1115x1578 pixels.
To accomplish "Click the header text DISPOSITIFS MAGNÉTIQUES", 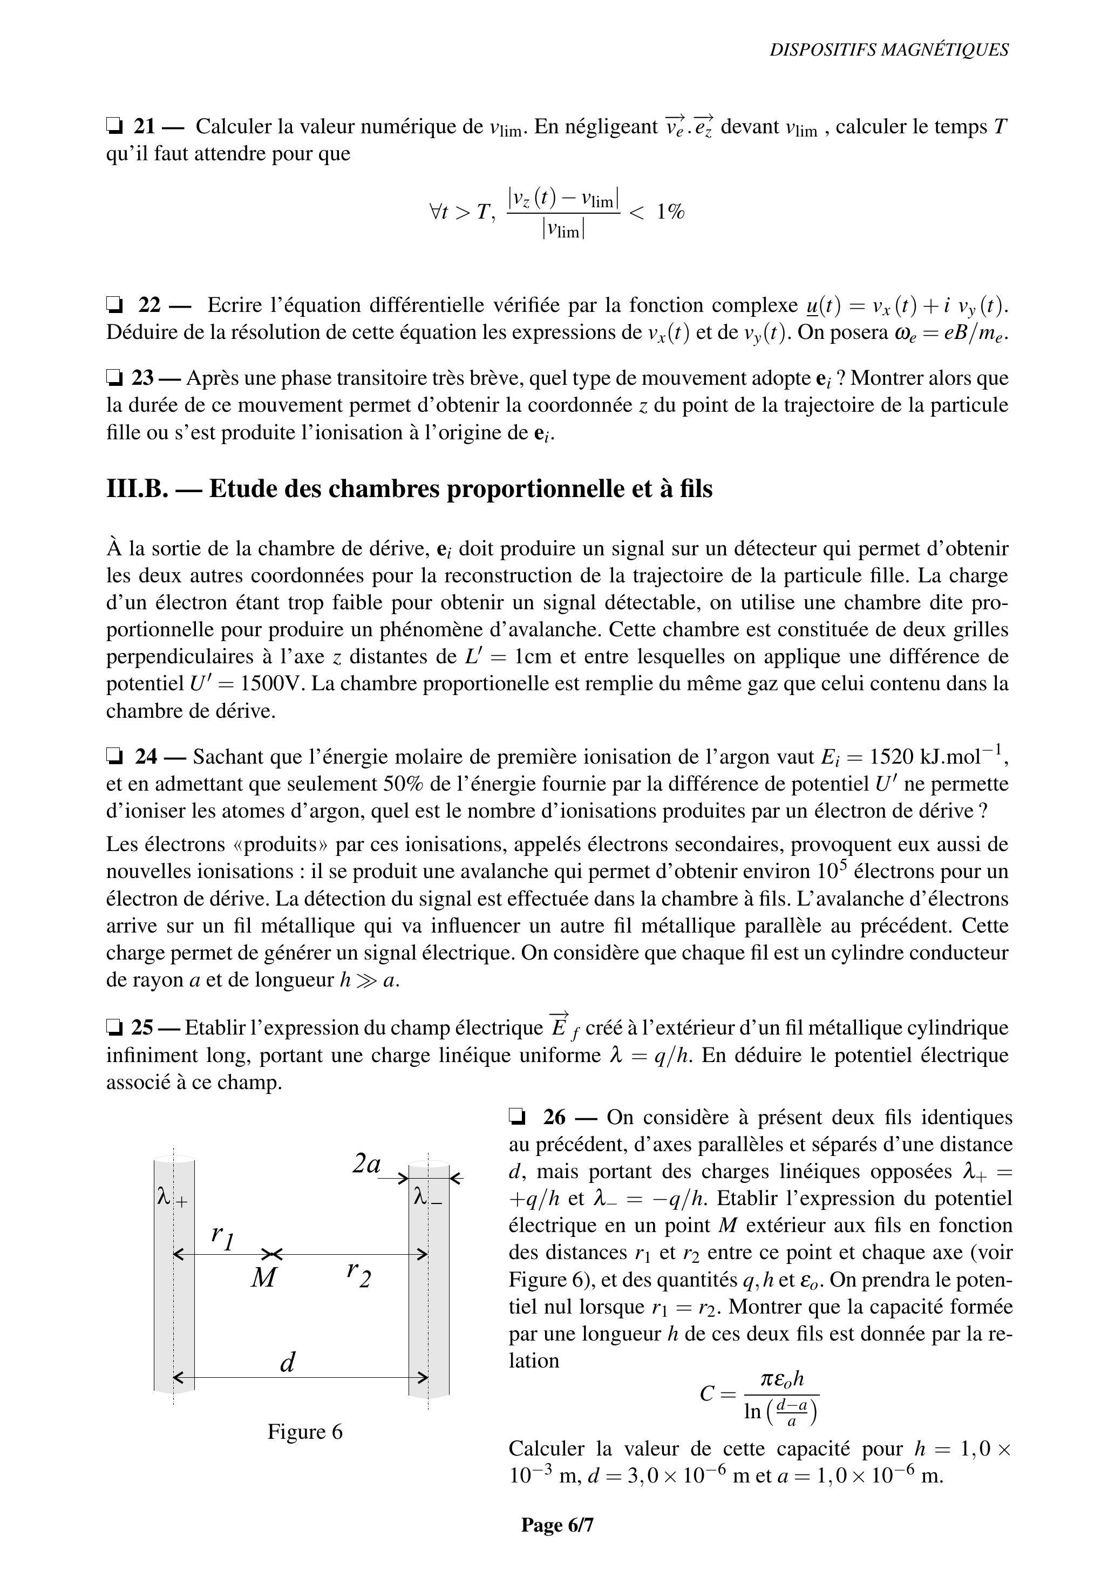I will pos(888,50).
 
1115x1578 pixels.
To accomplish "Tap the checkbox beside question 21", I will pos(114,126).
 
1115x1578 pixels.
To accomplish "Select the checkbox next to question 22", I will pos(114,304).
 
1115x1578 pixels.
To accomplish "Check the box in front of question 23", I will pos(114,377).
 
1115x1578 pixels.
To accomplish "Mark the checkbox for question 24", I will pos(114,757).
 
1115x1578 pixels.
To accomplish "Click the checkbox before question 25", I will pos(114,1028).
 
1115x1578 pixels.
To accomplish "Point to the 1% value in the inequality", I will pos(670,211).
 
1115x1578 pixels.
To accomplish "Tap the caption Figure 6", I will pos(304,1432).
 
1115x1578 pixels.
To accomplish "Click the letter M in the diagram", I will pos(263,1277).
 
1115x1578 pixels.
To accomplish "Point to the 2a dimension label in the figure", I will pos(366,1164).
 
